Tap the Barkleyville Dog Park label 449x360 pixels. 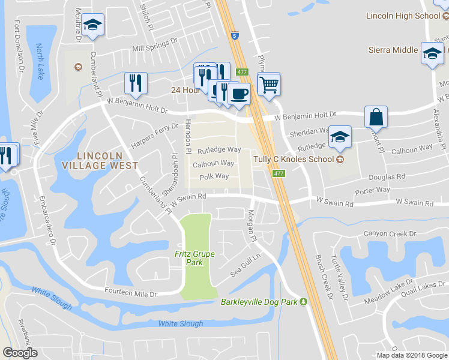click(x=260, y=301)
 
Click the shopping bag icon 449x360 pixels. click(x=376, y=116)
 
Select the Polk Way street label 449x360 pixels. click(x=214, y=176)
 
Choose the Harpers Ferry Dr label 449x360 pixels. click(x=155, y=136)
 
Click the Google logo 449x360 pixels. click(x=20, y=353)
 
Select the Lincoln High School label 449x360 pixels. click(x=412, y=16)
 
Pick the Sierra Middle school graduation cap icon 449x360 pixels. click(x=432, y=53)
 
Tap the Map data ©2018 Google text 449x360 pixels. click(x=412, y=355)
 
